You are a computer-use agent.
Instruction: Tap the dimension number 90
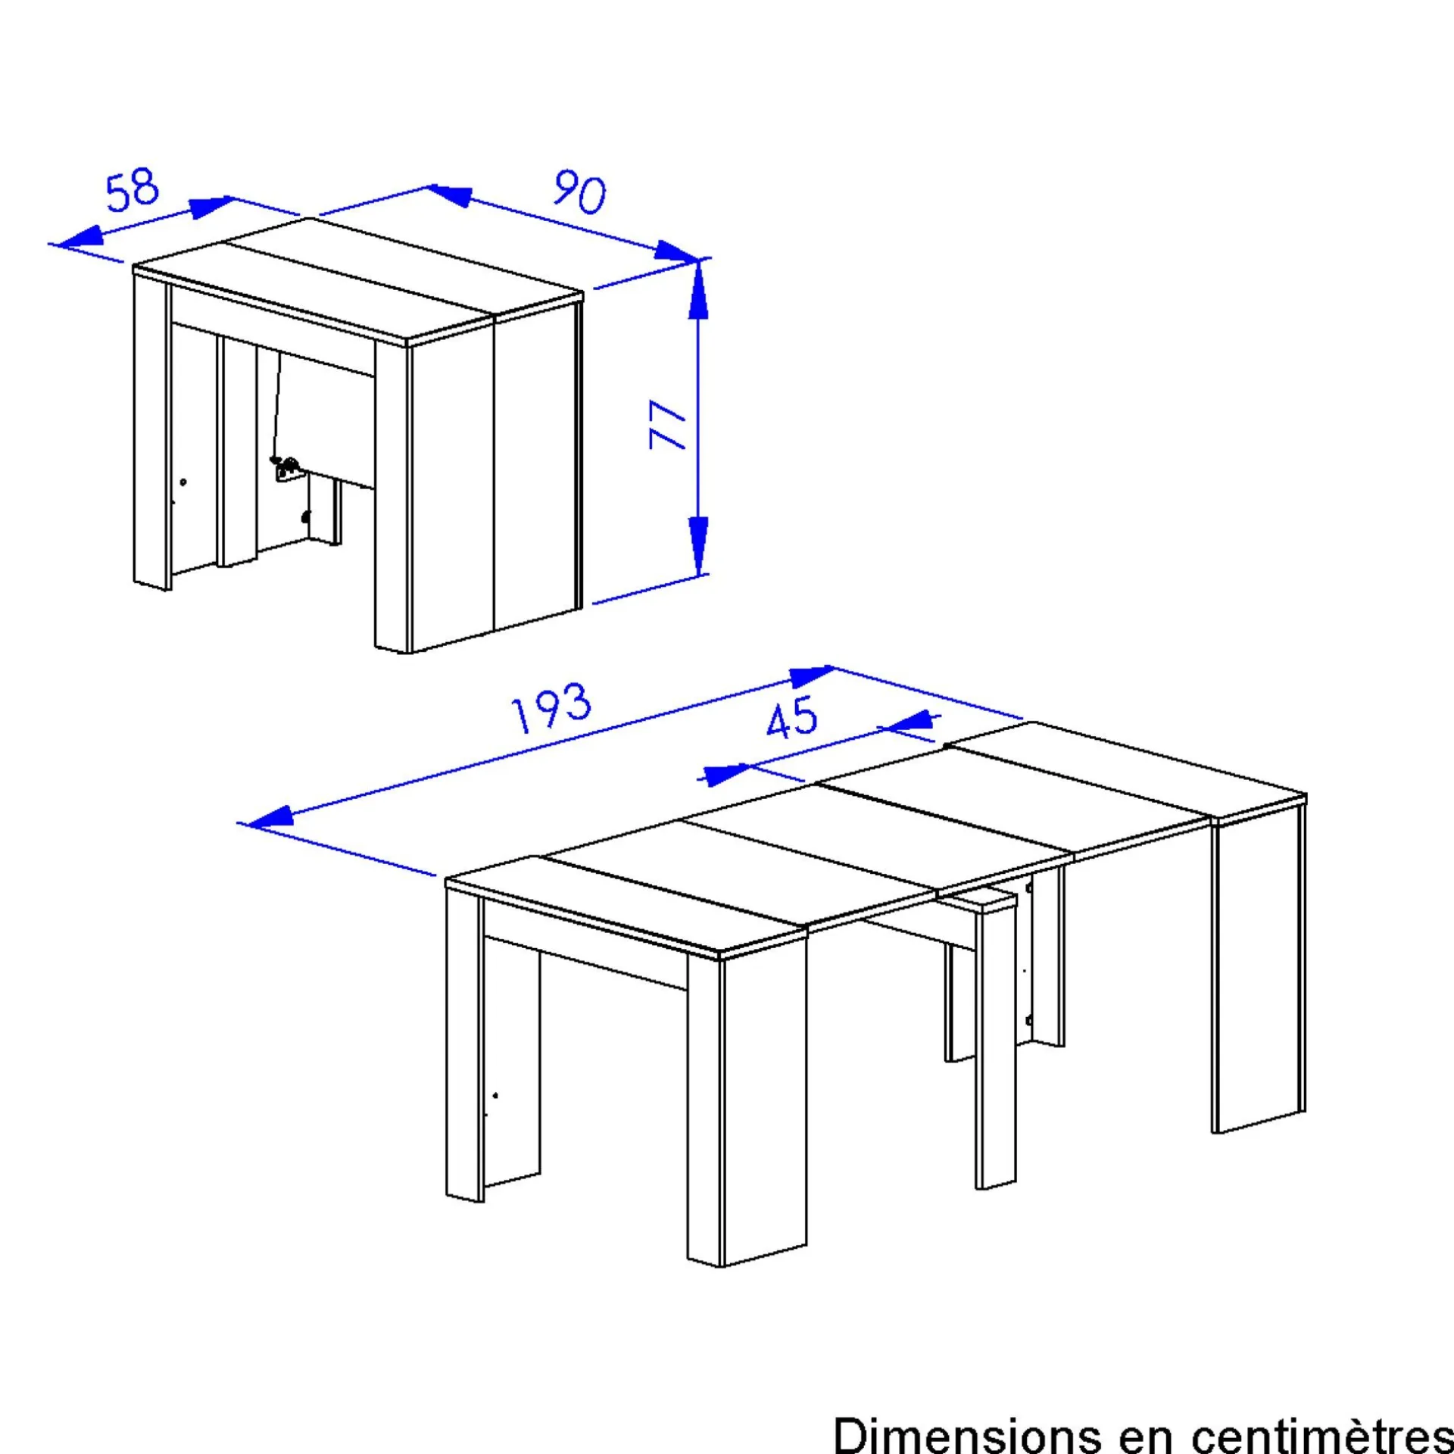point(580,192)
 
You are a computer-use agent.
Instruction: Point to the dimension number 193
point(551,708)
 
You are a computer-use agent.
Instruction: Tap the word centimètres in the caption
point(1322,1434)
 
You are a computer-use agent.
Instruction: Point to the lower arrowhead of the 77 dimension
point(698,546)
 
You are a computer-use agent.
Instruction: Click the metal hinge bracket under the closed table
point(287,468)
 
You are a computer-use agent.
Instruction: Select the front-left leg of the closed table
point(152,432)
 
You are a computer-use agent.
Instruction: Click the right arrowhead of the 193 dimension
point(811,674)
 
